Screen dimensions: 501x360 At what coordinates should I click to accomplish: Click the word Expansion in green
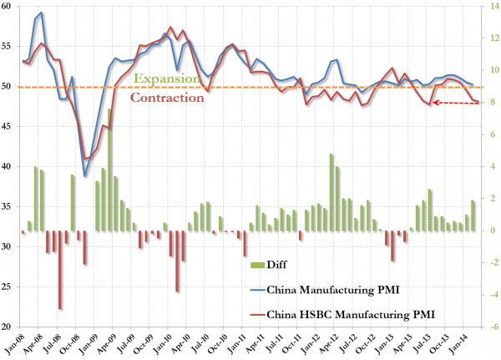pyautogui.click(x=167, y=79)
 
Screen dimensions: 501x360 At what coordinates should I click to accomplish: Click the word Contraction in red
pyautogui.click(x=167, y=98)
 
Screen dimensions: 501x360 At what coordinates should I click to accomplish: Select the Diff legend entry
pyautogui.click(x=269, y=265)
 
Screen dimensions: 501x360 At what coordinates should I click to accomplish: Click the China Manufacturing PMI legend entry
pyautogui.click(x=325, y=290)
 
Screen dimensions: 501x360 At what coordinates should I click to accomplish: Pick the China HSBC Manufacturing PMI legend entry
pyautogui.click(x=342, y=315)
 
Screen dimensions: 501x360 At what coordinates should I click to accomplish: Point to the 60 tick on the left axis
pyautogui.click(x=7, y=6)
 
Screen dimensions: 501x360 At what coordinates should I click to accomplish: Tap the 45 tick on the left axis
pyautogui.click(x=7, y=126)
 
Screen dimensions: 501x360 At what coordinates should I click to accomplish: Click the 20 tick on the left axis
pyautogui.click(x=7, y=327)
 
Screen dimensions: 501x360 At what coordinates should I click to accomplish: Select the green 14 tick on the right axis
pyautogui.click(x=491, y=6)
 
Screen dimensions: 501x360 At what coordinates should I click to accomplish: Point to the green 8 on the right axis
pyautogui.click(x=488, y=102)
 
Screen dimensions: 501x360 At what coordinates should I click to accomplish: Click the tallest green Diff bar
pyautogui.click(x=109, y=170)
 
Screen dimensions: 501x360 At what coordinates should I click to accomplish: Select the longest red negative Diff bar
pyautogui.click(x=60, y=270)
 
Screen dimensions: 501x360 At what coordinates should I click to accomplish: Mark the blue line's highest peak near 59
pyautogui.click(x=41, y=13)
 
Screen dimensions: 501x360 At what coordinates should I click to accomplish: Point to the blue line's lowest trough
pyautogui.click(x=84, y=176)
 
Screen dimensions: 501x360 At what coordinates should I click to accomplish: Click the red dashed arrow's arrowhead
pyautogui.click(x=436, y=103)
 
